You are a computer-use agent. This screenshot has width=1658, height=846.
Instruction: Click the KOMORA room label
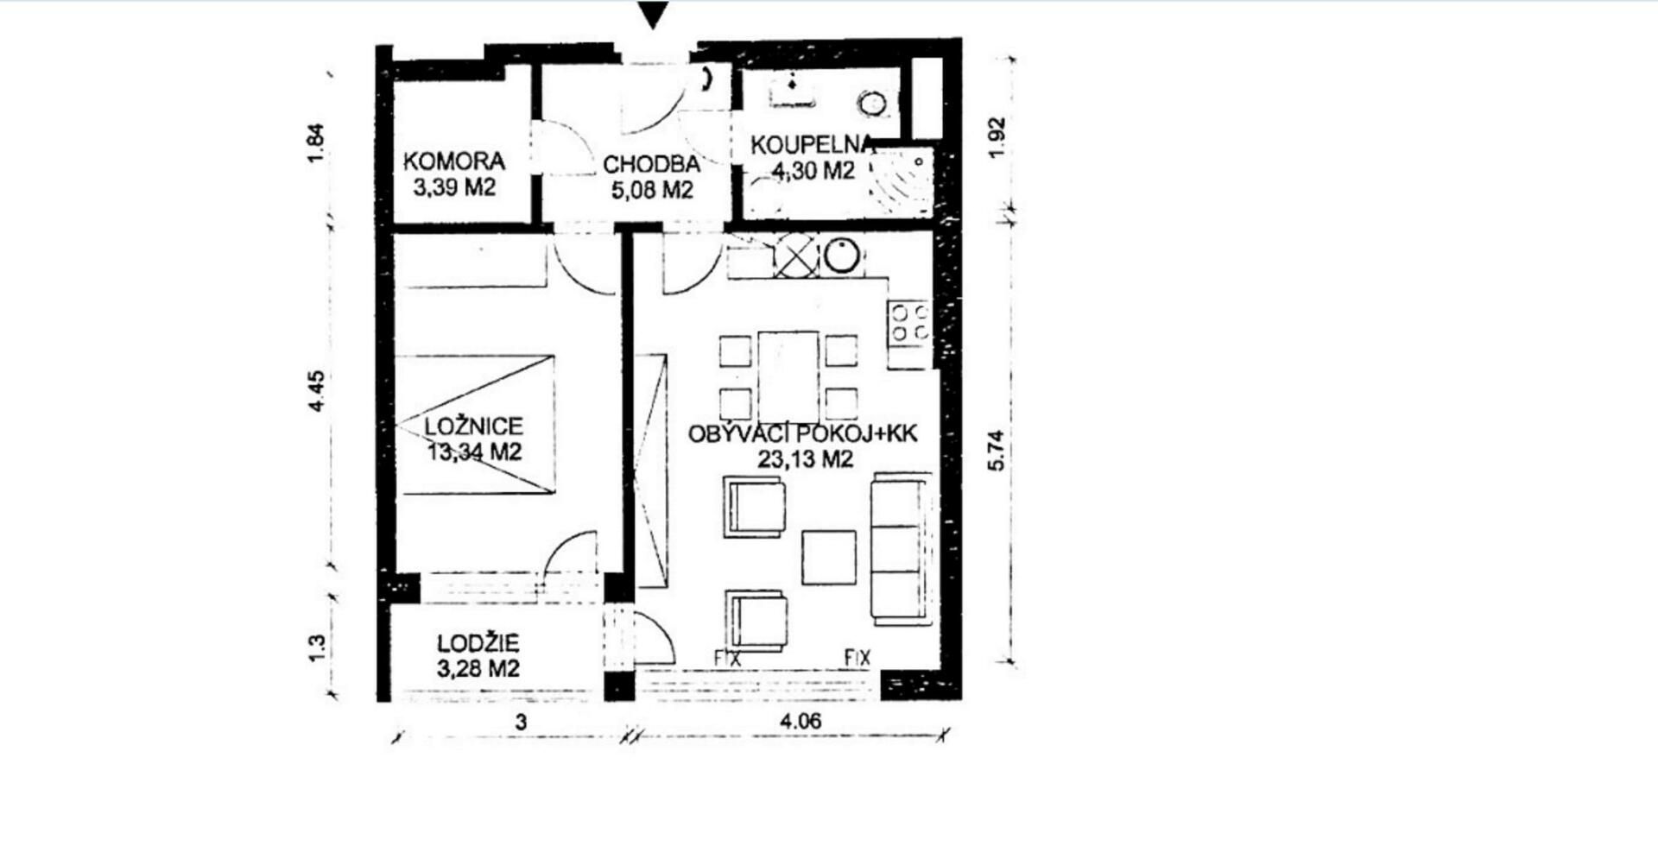tap(454, 161)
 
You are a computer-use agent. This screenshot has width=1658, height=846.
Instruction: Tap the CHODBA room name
tap(651, 164)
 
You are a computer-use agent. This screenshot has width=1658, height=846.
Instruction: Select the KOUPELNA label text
tap(812, 145)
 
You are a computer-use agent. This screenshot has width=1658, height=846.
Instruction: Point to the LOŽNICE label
tap(474, 426)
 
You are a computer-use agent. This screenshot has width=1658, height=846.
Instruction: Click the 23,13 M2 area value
tap(805, 458)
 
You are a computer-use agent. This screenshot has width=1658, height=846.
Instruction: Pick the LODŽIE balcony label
tap(478, 643)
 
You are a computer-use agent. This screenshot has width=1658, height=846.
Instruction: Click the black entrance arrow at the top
tap(654, 16)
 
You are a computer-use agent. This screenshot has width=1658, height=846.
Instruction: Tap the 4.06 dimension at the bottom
tap(801, 721)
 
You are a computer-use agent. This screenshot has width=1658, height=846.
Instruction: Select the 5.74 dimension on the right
tap(997, 450)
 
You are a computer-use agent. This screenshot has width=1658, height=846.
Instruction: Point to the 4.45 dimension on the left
tap(317, 390)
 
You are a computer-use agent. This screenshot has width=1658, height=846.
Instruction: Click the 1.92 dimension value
tap(997, 137)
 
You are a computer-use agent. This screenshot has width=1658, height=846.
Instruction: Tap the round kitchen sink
tap(842, 256)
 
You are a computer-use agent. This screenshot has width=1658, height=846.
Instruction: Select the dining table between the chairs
tap(788, 376)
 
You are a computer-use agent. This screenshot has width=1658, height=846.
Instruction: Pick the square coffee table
tap(829, 558)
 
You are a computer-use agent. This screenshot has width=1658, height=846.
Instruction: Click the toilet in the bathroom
tap(873, 104)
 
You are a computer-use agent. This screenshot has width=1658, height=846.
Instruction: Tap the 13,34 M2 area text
tap(475, 451)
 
